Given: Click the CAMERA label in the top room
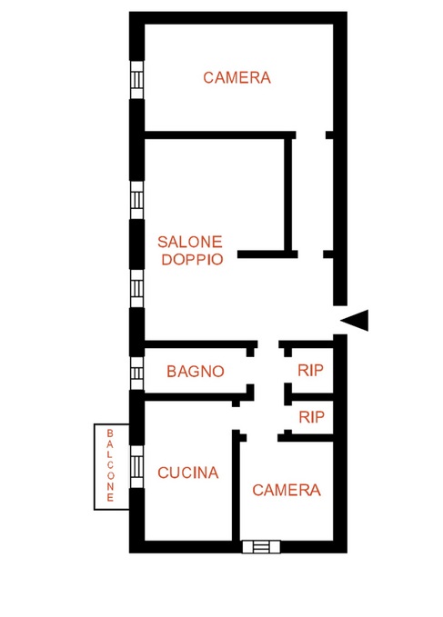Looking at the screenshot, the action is (x=237, y=77).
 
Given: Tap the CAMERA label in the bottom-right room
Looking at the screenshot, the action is (x=287, y=490).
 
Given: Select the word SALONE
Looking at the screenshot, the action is (x=190, y=242).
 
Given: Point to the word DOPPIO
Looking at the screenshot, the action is (x=192, y=259).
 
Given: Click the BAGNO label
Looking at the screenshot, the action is (x=196, y=371).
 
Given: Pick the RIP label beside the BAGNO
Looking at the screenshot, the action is (x=310, y=370).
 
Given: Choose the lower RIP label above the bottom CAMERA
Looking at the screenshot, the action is (x=311, y=417).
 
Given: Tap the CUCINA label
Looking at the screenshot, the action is (x=187, y=473).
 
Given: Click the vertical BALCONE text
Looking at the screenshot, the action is (x=110, y=465).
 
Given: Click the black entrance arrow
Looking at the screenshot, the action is (x=355, y=320).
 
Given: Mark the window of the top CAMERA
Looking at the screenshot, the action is (x=136, y=80).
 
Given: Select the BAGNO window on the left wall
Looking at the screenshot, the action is (x=136, y=373).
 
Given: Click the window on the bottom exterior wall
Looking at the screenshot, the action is (x=261, y=546).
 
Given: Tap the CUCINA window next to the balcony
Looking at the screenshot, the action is (x=136, y=467).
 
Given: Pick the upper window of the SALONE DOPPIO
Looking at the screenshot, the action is (x=136, y=200).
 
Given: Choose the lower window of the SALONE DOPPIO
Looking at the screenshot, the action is (x=136, y=288).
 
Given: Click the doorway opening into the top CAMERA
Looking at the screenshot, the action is (x=311, y=135).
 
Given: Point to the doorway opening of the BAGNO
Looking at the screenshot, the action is (x=250, y=371).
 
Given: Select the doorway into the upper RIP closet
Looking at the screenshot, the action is (x=287, y=370).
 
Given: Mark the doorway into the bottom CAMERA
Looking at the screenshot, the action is (x=262, y=438).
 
